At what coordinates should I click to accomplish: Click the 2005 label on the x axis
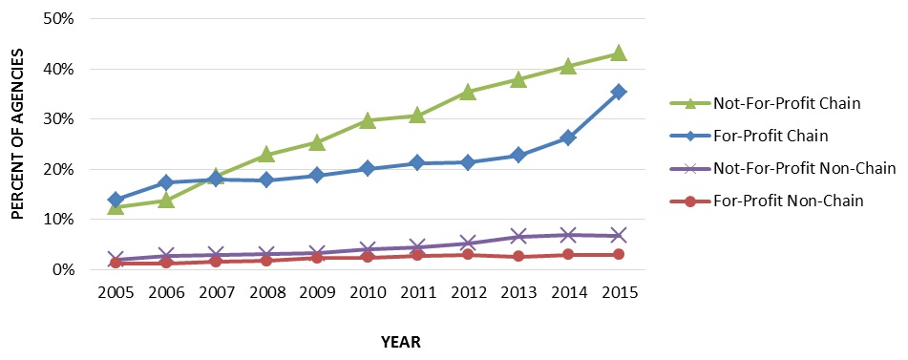(x=116, y=291)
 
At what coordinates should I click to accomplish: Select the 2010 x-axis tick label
(x=367, y=291)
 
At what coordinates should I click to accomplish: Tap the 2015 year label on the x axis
(x=619, y=291)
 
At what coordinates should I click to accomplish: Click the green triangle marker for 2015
(x=619, y=53)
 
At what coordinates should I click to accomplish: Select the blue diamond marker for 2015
(x=619, y=92)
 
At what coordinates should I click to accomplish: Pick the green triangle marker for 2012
(x=468, y=92)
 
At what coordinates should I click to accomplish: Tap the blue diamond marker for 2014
(x=568, y=138)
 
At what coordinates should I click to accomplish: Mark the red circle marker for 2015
(x=619, y=254)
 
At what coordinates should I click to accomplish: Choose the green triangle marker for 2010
(x=367, y=120)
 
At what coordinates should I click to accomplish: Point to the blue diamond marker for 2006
(x=166, y=181)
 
